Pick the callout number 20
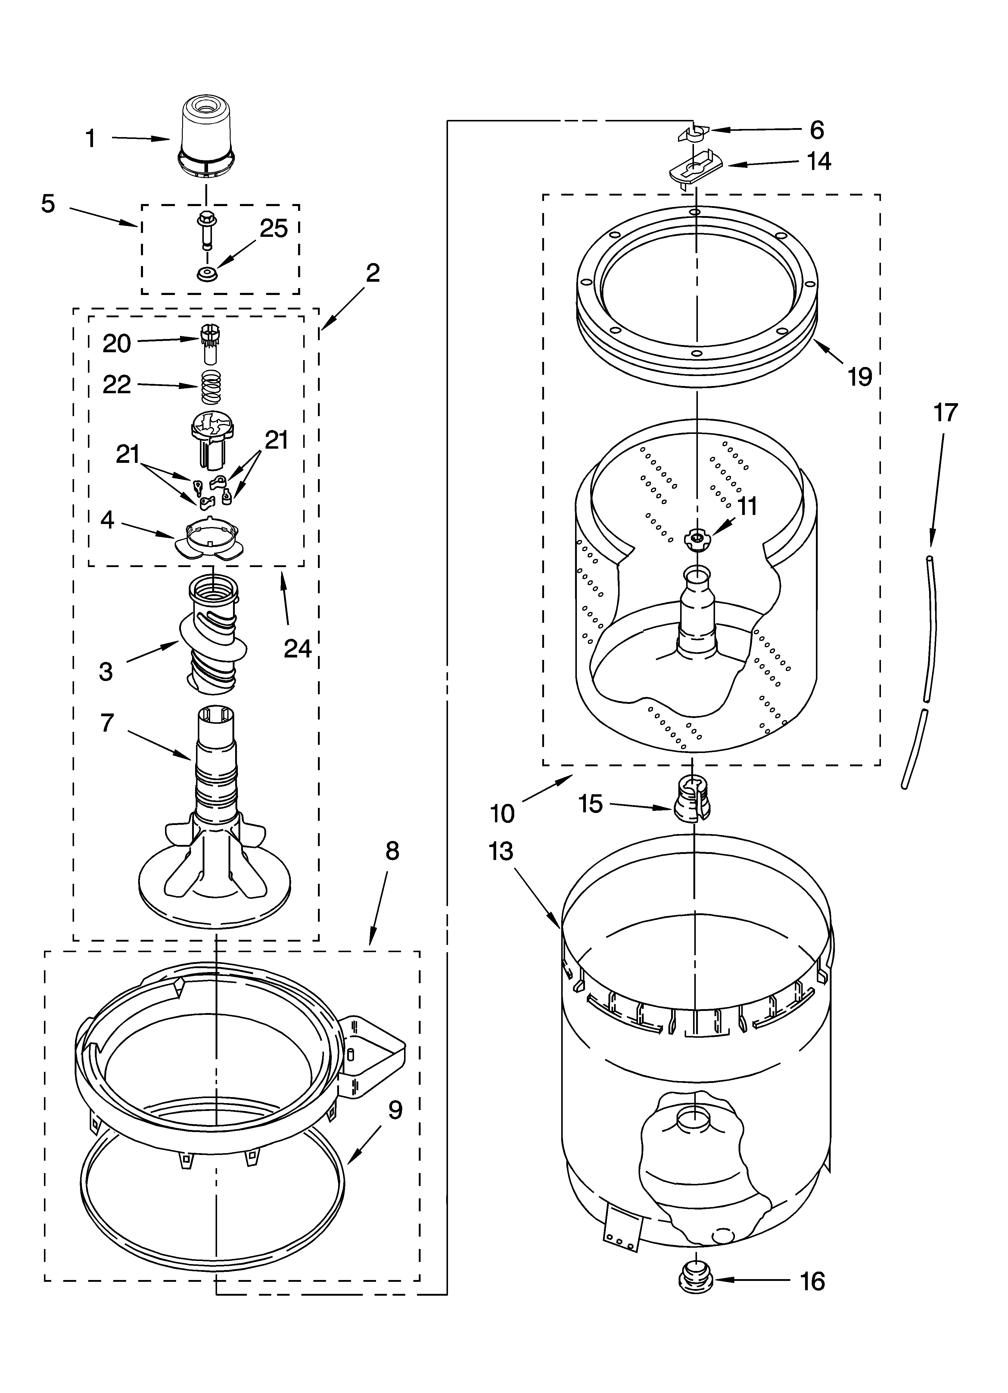[117, 343]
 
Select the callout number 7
[107, 723]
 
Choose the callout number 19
[860, 376]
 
